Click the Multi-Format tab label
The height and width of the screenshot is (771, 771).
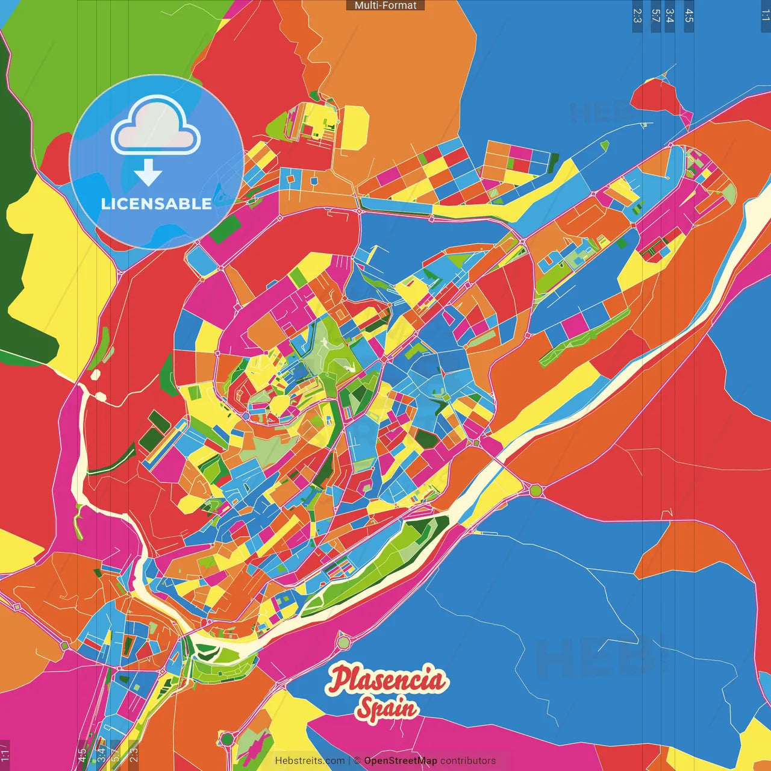coord(385,5)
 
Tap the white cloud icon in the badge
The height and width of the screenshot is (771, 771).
coord(155,128)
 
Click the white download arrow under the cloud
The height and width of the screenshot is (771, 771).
coord(148,172)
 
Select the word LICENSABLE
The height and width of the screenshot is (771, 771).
coord(156,204)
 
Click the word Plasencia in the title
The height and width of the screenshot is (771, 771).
coord(387,679)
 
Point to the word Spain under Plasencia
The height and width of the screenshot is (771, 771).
coord(387,708)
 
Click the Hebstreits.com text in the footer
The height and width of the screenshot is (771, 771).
coord(310,761)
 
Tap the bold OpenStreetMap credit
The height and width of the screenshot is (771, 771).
coord(400,761)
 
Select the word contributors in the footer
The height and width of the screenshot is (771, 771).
coord(468,761)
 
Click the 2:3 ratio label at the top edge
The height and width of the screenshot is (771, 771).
coord(637,16)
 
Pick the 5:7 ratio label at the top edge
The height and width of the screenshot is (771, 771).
coord(655,16)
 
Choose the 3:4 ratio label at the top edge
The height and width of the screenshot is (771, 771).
coord(669,16)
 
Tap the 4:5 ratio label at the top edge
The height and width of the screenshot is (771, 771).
coord(688,16)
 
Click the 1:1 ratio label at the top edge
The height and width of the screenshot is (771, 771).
coord(765,16)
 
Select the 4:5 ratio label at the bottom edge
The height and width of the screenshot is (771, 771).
coord(82,755)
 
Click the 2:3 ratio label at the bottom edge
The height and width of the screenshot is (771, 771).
coord(133,755)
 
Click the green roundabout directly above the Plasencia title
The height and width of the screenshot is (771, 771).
coord(343,642)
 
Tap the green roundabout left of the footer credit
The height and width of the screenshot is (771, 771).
coord(227,738)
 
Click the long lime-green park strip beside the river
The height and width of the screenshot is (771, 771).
coord(379,560)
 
